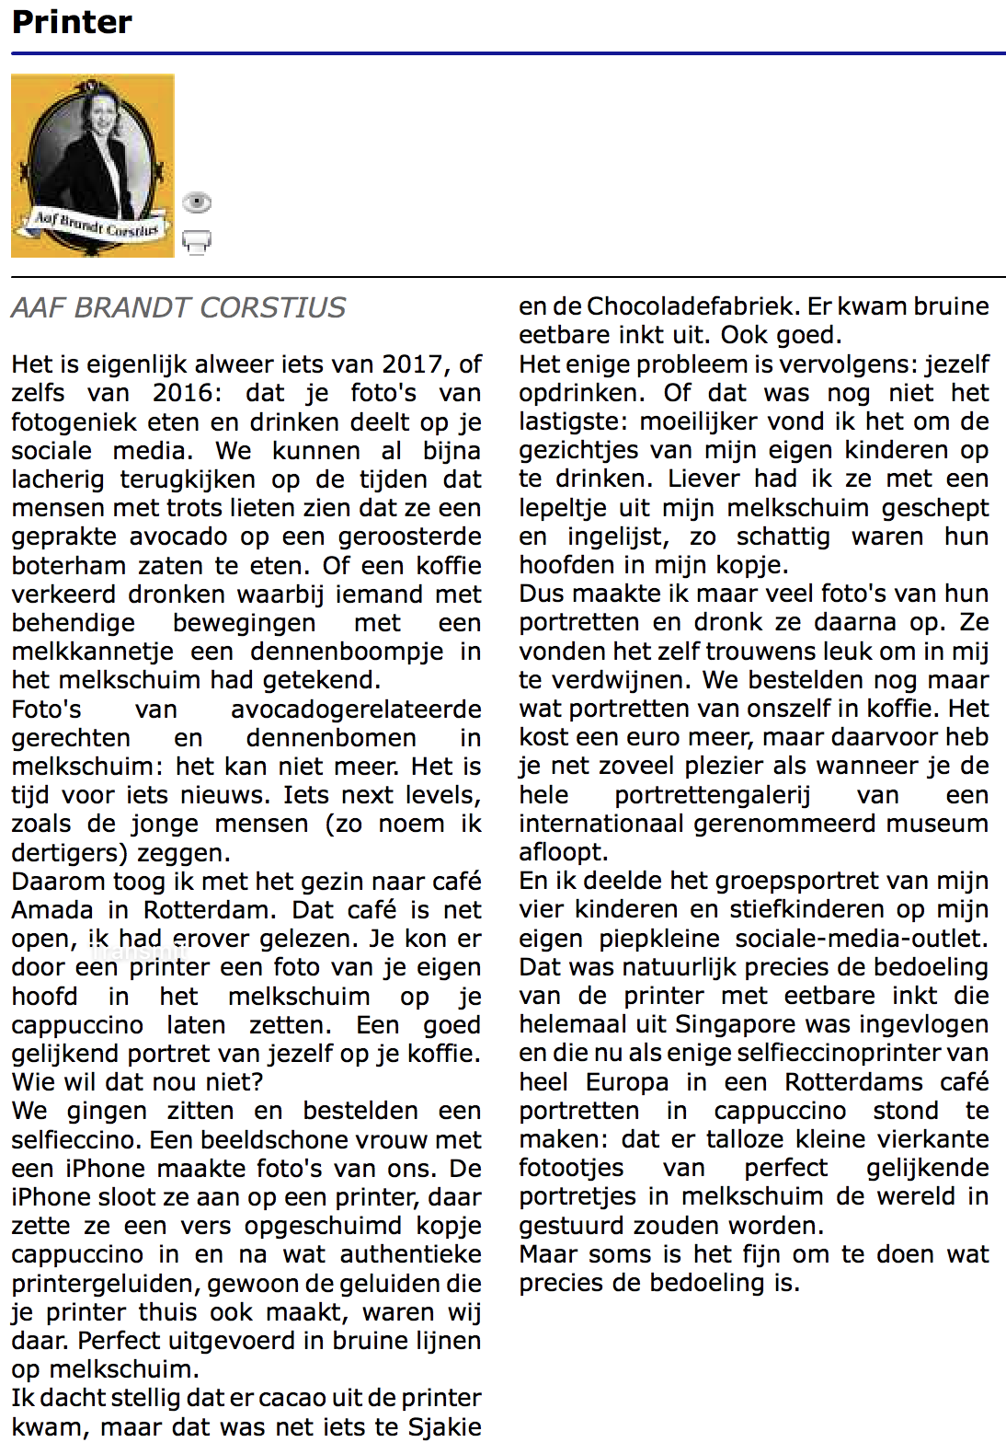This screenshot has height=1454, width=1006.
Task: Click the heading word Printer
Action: pyautogui.click(x=72, y=22)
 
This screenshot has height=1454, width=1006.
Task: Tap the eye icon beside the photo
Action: pyautogui.click(x=197, y=202)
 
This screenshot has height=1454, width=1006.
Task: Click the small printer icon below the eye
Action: pyautogui.click(x=197, y=241)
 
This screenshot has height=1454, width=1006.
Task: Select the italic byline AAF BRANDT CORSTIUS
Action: pyautogui.click(x=178, y=307)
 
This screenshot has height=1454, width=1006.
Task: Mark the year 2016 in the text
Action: pyautogui.click(x=188, y=393)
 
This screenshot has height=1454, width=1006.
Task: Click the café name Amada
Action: pyautogui.click(x=52, y=910)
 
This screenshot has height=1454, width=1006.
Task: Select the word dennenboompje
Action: pyautogui.click(x=347, y=652)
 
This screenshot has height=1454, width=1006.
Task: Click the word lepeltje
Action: pyautogui.click(x=560, y=508)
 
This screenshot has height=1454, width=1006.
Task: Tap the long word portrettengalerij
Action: pyautogui.click(x=713, y=795)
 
